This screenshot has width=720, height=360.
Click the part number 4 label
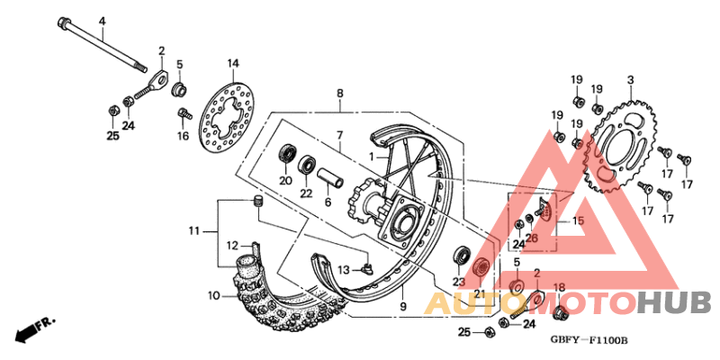tap(102, 21)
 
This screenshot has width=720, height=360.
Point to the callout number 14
tap(233, 63)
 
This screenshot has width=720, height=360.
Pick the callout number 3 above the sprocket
tap(630, 79)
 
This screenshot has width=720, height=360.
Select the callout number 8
tap(340, 93)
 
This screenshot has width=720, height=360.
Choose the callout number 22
tap(306, 193)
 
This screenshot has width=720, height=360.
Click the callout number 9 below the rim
tap(402, 307)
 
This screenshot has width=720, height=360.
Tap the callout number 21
tap(479, 293)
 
